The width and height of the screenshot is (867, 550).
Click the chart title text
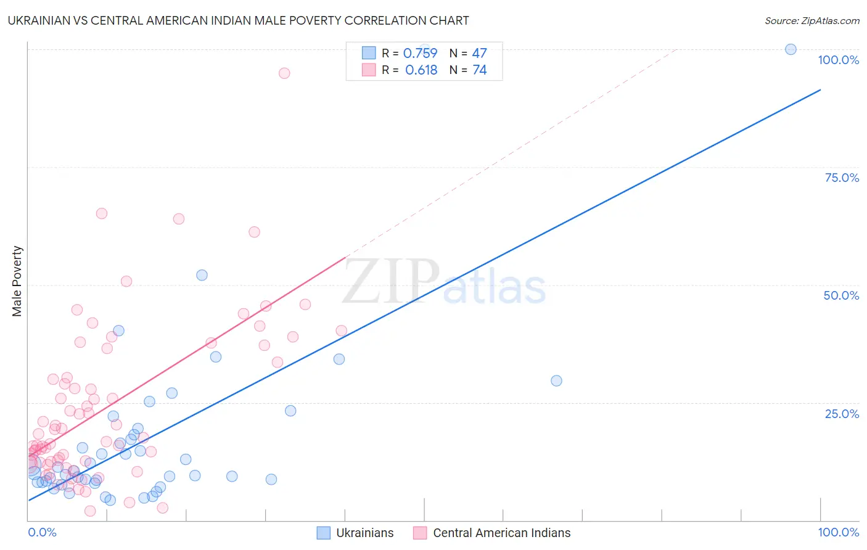[x=238, y=20]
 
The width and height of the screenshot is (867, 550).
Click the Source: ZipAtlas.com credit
[x=812, y=20]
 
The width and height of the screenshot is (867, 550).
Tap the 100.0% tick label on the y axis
[x=838, y=60]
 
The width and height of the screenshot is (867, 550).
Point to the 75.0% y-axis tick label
[x=842, y=178]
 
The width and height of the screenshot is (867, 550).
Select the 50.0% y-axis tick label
[x=841, y=295]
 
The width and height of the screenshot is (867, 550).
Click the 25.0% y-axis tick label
[x=842, y=414]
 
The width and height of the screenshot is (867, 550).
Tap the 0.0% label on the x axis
[x=42, y=532]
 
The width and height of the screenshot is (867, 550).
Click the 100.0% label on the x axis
[x=838, y=532]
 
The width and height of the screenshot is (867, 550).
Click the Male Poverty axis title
[x=17, y=281]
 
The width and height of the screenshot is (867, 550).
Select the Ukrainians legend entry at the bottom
[x=355, y=533]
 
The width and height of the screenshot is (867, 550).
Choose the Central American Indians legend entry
[x=492, y=533]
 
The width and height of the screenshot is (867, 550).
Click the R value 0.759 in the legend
[x=420, y=54]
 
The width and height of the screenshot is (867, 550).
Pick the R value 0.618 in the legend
[x=421, y=70]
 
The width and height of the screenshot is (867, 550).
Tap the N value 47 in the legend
[x=479, y=54]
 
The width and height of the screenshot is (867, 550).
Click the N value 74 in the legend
[x=479, y=70]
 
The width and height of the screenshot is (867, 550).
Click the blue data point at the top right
[x=791, y=49]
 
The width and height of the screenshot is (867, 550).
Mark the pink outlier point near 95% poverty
[x=284, y=73]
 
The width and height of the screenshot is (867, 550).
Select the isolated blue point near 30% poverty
[x=556, y=381]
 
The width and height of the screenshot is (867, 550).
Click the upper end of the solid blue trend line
[x=820, y=90]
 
